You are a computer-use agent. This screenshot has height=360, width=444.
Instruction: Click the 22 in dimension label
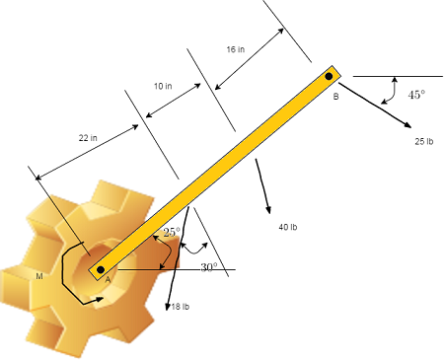[88, 138]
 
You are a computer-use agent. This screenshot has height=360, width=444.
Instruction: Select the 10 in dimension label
[163, 87]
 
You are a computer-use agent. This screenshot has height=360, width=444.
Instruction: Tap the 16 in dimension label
[236, 48]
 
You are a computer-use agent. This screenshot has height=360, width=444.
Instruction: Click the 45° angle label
[416, 96]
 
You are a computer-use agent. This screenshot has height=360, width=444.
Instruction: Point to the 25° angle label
[172, 232]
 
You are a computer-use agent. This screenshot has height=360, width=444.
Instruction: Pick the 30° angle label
[207, 267]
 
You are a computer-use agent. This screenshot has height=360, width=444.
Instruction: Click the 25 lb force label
[424, 142]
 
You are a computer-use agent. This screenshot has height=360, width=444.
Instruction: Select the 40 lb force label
[288, 228]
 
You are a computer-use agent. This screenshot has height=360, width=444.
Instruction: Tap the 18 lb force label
[180, 308]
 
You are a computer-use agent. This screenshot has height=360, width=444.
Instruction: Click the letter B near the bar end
[335, 97]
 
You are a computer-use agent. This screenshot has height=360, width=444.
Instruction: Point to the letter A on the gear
[108, 279]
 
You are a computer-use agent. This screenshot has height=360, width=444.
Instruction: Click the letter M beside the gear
[39, 276]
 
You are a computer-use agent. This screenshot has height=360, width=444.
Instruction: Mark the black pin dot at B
[330, 75]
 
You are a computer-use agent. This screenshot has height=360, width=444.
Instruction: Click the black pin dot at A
[100, 269]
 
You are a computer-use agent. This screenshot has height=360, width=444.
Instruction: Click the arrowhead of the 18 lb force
[169, 307]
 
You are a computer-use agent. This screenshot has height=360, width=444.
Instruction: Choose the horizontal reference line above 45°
[395, 75]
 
